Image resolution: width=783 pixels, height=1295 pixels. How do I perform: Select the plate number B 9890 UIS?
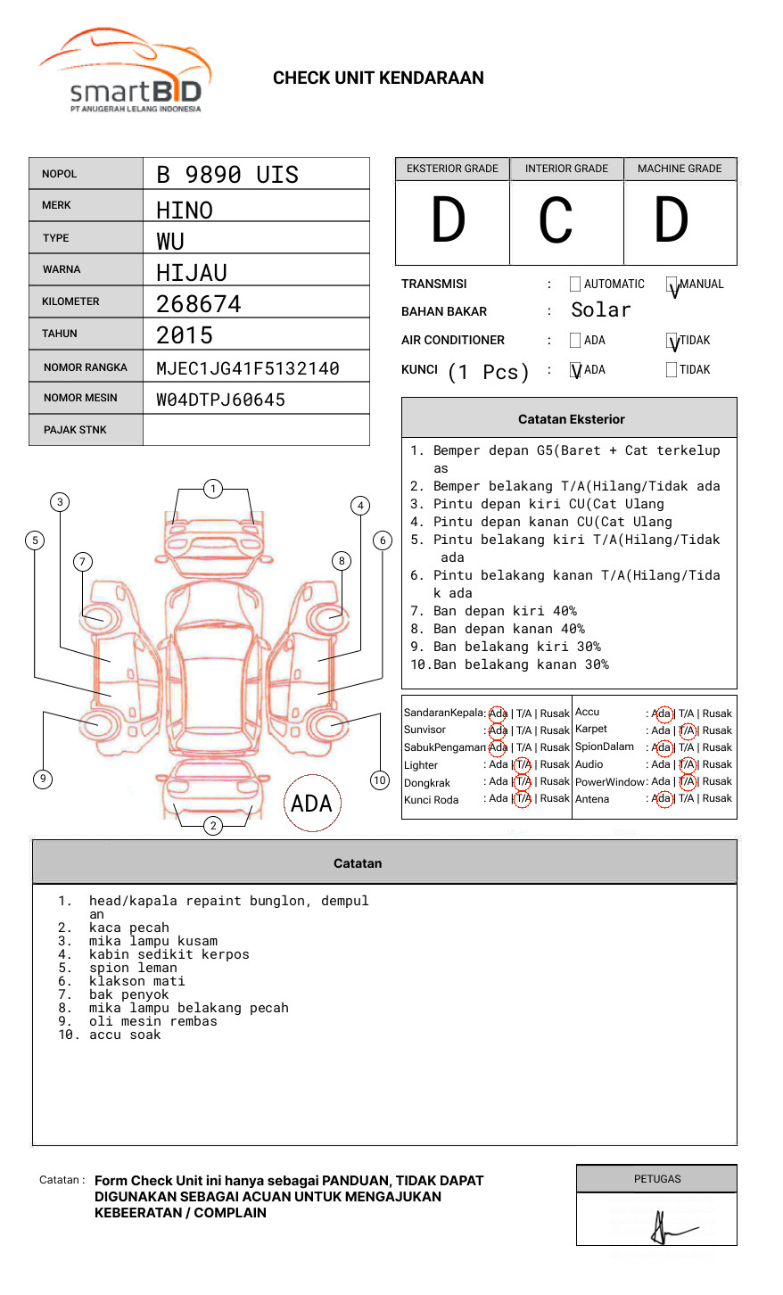pyautogui.click(x=227, y=175)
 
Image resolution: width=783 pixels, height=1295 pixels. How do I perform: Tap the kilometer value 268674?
pyautogui.click(x=199, y=304)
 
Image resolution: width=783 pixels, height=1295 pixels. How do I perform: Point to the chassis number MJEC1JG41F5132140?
pyautogui.click(x=248, y=368)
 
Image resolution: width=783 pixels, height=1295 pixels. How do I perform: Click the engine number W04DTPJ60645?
pyautogui.click(x=221, y=400)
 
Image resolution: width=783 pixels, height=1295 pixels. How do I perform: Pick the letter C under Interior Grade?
pyautogui.click(x=556, y=221)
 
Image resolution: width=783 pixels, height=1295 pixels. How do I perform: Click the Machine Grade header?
pyautogui.click(x=680, y=169)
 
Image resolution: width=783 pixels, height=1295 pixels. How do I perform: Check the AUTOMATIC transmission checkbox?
pyautogui.click(x=575, y=285)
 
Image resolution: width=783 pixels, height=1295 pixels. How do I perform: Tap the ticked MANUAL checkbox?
pyautogui.click(x=672, y=285)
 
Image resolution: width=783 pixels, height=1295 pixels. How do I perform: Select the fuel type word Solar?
pyautogui.click(x=601, y=310)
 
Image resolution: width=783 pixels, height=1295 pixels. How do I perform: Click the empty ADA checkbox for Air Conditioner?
pyautogui.click(x=575, y=341)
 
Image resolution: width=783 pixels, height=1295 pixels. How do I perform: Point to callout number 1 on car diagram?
pyautogui.click(x=212, y=488)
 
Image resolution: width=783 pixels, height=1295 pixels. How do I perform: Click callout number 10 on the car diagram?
pyautogui.click(x=380, y=780)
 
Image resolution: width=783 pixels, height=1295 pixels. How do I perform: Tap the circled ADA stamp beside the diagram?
pyautogui.click(x=311, y=804)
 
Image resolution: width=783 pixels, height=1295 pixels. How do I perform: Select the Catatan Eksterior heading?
pyautogui.click(x=571, y=419)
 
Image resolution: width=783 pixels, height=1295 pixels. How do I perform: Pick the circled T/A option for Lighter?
pyautogui.click(x=523, y=764)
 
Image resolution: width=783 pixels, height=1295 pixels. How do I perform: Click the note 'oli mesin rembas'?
pyautogui.click(x=152, y=1021)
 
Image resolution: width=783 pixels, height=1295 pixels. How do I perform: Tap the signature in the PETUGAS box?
pyautogui.click(x=665, y=1229)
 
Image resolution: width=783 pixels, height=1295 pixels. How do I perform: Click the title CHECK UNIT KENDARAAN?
pyautogui.click(x=378, y=78)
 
